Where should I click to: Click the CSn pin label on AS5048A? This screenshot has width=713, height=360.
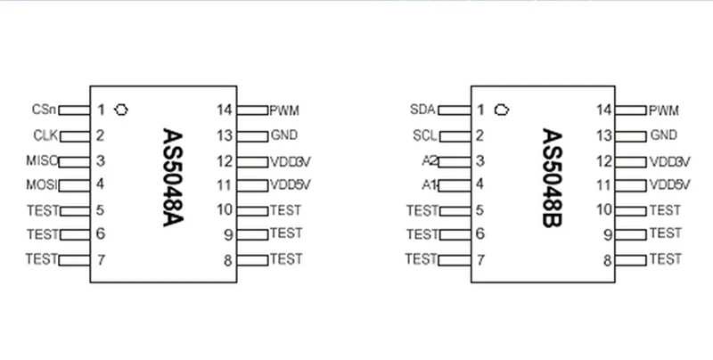[43, 110]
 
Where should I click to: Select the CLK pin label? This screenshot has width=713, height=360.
[45, 136]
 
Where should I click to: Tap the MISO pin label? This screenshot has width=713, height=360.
[43, 161]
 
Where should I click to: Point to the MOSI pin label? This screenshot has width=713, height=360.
[43, 185]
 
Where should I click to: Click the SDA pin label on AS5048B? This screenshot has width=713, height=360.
[422, 110]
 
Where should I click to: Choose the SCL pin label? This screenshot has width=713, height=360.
[422, 136]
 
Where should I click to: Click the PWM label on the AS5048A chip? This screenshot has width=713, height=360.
[284, 110]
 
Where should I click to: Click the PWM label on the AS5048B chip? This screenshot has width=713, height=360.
[663, 110]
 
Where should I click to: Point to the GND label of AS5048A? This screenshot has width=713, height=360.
[284, 135]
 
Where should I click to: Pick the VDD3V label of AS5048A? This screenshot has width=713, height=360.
[290, 161]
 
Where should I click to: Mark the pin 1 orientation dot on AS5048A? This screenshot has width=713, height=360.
[122, 110]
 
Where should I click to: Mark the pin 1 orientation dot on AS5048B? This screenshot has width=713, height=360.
[501, 110]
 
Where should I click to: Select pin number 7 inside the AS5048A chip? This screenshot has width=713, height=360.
[101, 260]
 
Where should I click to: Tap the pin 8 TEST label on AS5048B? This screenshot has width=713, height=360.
[665, 259]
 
